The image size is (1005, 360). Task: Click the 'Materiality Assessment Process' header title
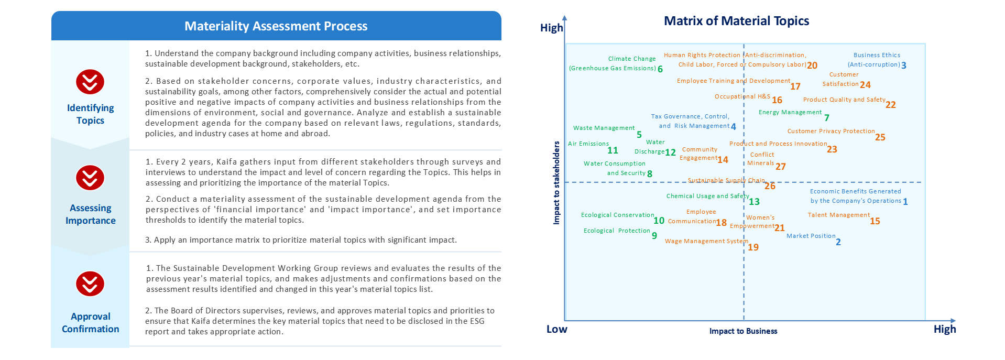276,26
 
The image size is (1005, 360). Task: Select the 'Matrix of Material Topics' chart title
736,21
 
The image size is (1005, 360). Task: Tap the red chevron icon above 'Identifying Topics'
90,82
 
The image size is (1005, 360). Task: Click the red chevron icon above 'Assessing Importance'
90,178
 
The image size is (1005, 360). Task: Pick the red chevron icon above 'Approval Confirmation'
90,284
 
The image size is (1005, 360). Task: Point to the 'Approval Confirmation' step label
91,323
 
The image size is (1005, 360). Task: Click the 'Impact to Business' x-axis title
743,331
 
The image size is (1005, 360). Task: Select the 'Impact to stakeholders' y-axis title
556,183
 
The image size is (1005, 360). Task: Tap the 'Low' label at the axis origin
556,329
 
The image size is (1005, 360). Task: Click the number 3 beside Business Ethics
904,66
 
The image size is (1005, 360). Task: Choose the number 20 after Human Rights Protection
812,66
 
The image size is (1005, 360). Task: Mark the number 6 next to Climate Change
660,69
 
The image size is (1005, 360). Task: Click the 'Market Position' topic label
811,236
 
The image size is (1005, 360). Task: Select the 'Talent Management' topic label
839,215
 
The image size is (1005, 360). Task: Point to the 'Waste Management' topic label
604,128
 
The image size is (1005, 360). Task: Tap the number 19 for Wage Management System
753,247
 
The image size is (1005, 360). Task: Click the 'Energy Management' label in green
790,112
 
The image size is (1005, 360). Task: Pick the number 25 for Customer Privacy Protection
880,137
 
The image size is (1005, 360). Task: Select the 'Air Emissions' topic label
588,144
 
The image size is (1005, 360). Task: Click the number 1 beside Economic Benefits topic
905,202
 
